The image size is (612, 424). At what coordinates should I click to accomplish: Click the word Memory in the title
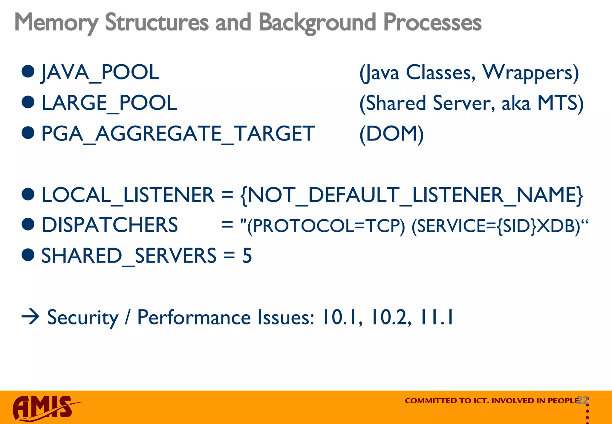(x=56, y=22)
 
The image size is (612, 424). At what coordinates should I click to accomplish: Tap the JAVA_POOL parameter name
(x=100, y=72)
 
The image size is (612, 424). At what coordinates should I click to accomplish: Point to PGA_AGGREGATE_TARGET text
(x=178, y=133)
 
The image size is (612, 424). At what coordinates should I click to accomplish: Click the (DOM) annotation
(x=391, y=133)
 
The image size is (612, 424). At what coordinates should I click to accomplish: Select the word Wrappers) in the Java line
(x=530, y=72)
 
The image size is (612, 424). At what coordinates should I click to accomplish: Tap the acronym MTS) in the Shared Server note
(x=560, y=103)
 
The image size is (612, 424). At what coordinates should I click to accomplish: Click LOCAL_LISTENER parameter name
(x=128, y=195)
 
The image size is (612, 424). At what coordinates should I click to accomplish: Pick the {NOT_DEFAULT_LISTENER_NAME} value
(x=411, y=195)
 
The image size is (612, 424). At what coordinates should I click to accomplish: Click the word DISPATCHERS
(x=109, y=225)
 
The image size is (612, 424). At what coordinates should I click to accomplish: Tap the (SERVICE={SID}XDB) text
(x=496, y=226)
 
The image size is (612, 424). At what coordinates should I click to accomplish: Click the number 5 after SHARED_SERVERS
(x=247, y=256)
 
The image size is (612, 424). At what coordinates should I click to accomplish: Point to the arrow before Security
(x=30, y=317)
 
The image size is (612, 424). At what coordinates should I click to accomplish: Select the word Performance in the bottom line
(x=194, y=317)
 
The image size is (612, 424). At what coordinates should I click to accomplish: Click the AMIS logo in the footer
(x=45, y=408)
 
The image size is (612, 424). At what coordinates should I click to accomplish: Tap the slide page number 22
(x=583, y=400)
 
